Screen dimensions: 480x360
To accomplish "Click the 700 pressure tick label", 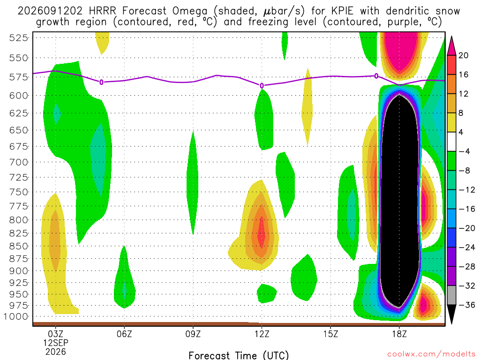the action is pos(19,162).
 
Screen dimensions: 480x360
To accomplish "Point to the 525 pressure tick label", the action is pos(19,38).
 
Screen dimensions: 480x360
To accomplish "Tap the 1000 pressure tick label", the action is pos(16,316).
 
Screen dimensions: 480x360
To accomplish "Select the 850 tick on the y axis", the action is pos(19,246).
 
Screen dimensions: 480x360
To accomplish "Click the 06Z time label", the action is pos(124,334).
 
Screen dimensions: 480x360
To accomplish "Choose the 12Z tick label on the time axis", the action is pos(262,334).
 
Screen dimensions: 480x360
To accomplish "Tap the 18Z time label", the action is pos(399,334).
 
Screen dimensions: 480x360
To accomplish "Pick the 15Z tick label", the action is pos(330,334).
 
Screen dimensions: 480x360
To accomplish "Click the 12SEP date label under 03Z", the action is pos(55,343).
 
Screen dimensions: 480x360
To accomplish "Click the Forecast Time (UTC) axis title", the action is pos(239,355).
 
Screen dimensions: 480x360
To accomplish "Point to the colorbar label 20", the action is pos(463,55).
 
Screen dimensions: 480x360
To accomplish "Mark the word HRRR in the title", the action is pos(103,11).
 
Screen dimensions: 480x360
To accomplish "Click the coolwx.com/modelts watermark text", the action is pos(431,354).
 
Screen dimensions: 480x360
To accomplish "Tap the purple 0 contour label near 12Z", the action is pos(262,86).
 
